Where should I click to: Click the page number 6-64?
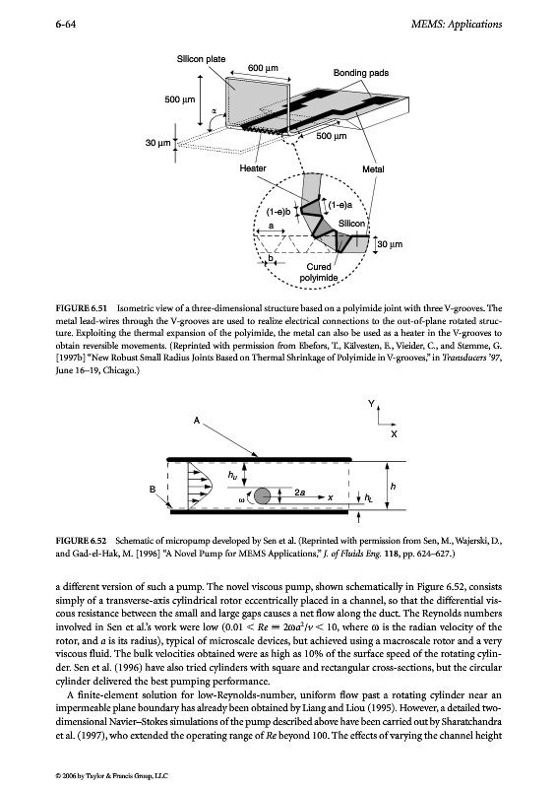coord(66,24)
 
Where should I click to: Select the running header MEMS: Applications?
coord(456,24)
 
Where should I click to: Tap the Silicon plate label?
coord(202,59)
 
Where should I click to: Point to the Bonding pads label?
coord(361,73)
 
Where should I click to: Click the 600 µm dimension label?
coord(263,68)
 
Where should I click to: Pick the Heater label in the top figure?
coord(253,168)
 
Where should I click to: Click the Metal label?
coord(373,169)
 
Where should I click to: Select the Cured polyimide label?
coord(319,272)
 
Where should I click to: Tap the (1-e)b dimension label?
coord(278,212)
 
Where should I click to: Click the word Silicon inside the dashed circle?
coord(351,224)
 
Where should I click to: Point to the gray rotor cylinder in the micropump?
coord(262,496)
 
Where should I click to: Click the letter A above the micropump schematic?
coord(197,421)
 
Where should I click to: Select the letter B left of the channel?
coord(153,489)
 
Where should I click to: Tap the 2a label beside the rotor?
coord(300,492)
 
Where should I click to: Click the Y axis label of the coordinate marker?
coord(371,404)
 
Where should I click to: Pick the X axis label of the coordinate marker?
coord(394,433)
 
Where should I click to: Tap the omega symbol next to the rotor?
coord(242,499)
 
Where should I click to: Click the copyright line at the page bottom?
coord(111,776)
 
